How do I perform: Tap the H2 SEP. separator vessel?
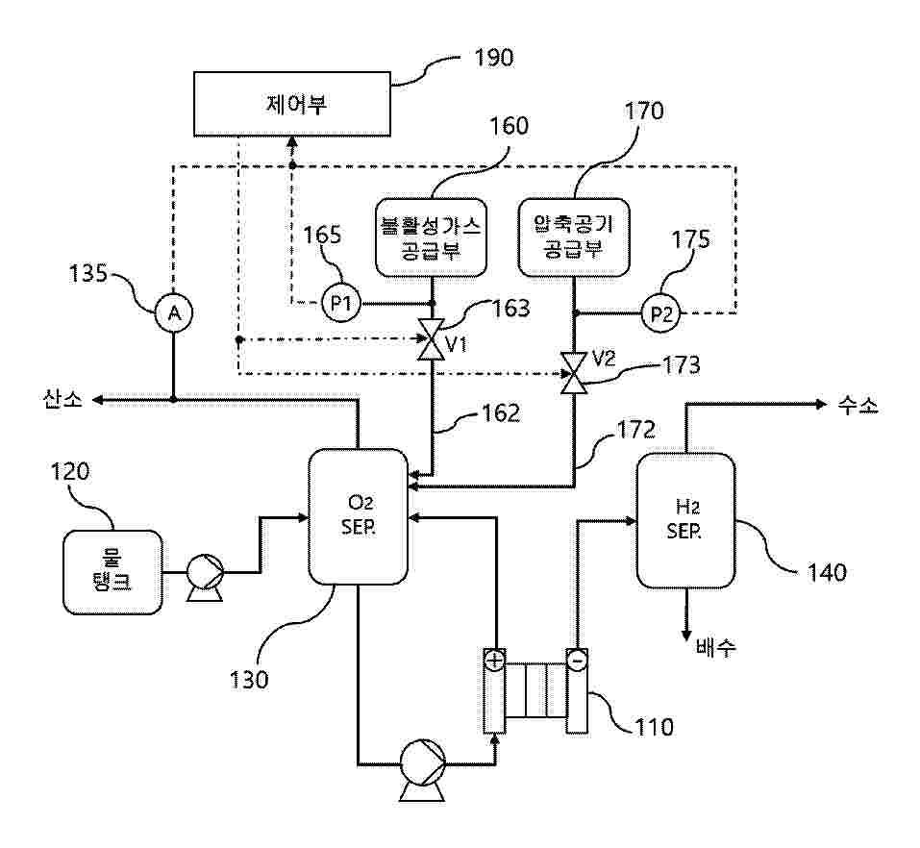[x=685, y=519]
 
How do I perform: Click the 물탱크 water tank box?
[x=112, y=572]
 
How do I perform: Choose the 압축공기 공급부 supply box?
[x=573, y=237]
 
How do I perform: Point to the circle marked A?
[x=173, y=312]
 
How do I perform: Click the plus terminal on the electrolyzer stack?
[x=493, y=661]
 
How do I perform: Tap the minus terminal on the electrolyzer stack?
[x=576, y=661]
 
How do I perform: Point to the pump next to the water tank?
[x=205, y=574]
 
